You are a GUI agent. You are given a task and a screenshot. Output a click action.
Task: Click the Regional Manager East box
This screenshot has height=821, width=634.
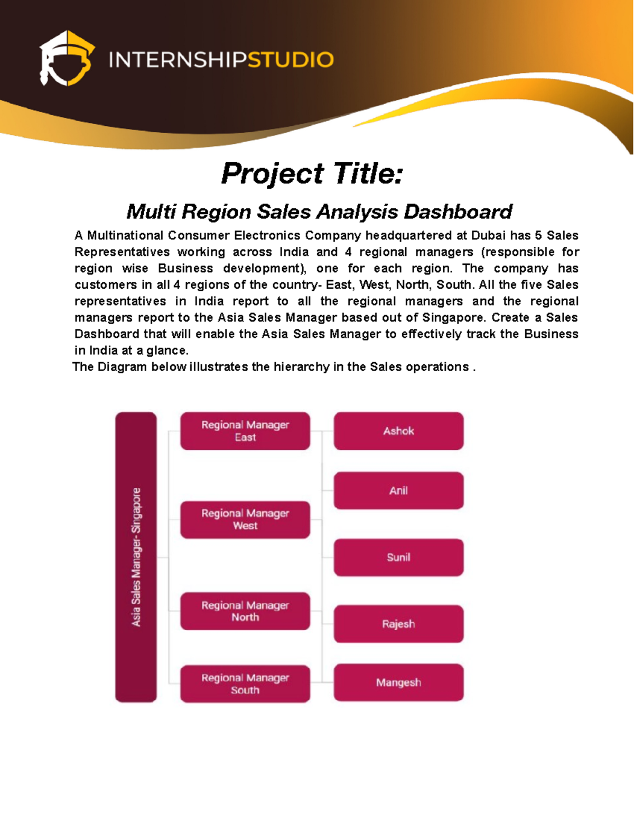click(x=245, y=431)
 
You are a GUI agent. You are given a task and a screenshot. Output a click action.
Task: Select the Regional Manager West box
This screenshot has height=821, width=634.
click(x=245, y=520)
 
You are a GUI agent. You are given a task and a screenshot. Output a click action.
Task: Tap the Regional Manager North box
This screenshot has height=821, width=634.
click(x=245, y=611)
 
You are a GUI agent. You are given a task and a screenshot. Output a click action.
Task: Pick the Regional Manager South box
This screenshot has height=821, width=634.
click(x=245, y=684)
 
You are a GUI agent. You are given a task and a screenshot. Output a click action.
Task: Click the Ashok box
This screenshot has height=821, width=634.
click(x=398, y=431)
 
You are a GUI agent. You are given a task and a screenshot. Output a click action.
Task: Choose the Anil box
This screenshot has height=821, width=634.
click(x=398, y=491)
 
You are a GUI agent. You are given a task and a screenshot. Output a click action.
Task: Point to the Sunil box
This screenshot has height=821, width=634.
click(x=398, y=557)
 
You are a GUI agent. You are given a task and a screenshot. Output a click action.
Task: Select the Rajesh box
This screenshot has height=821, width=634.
click(x=398, y=624)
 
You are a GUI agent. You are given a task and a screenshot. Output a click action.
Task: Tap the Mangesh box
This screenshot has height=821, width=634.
click(x=398, y=682)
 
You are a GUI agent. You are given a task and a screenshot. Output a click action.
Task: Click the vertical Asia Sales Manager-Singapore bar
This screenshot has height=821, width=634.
click(x=136, y=557)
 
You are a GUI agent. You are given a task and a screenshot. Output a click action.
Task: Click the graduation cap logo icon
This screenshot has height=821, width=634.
click(x=67, y=59)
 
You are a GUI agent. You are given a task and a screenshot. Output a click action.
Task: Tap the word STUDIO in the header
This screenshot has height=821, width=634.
click(x=290, y=60)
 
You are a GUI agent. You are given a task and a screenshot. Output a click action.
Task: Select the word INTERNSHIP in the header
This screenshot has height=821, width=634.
click(x=178, y=60)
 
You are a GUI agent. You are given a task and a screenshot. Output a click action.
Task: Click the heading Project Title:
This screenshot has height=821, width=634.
click(x=312, y=174)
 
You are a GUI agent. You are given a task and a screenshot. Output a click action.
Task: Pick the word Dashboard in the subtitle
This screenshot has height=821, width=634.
click(x=458, y=212)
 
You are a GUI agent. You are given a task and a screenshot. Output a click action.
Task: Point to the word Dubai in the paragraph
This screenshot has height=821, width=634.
click(x=488, y=235)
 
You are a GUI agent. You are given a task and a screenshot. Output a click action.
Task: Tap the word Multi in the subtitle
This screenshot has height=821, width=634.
click(x=151, y=212)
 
